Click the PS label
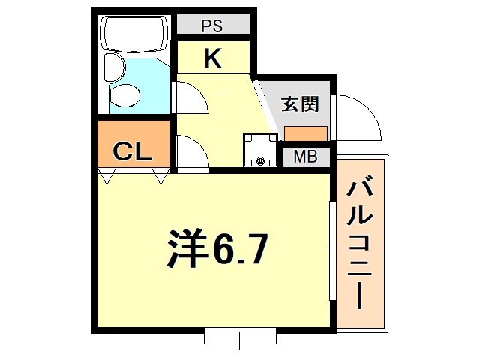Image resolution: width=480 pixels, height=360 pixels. (x=213, y=25)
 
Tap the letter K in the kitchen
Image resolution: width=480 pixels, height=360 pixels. (x=213, y=58)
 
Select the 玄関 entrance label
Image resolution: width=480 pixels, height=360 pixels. (x=300, y=104)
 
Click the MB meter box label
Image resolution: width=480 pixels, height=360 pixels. (x=305, y=157)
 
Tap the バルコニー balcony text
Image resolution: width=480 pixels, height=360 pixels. (x=361, y=243)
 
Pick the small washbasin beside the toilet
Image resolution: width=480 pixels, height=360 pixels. (x=112, y=68)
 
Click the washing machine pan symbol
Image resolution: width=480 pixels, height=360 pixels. (x=259, y=149)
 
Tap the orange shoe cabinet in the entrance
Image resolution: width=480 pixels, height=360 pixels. (x=305, y=133)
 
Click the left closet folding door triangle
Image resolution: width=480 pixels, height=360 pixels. (x=109, y=177)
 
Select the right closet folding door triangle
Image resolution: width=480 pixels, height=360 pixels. (x=160, y=177)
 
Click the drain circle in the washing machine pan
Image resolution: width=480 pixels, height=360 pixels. (x=260, y=159)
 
